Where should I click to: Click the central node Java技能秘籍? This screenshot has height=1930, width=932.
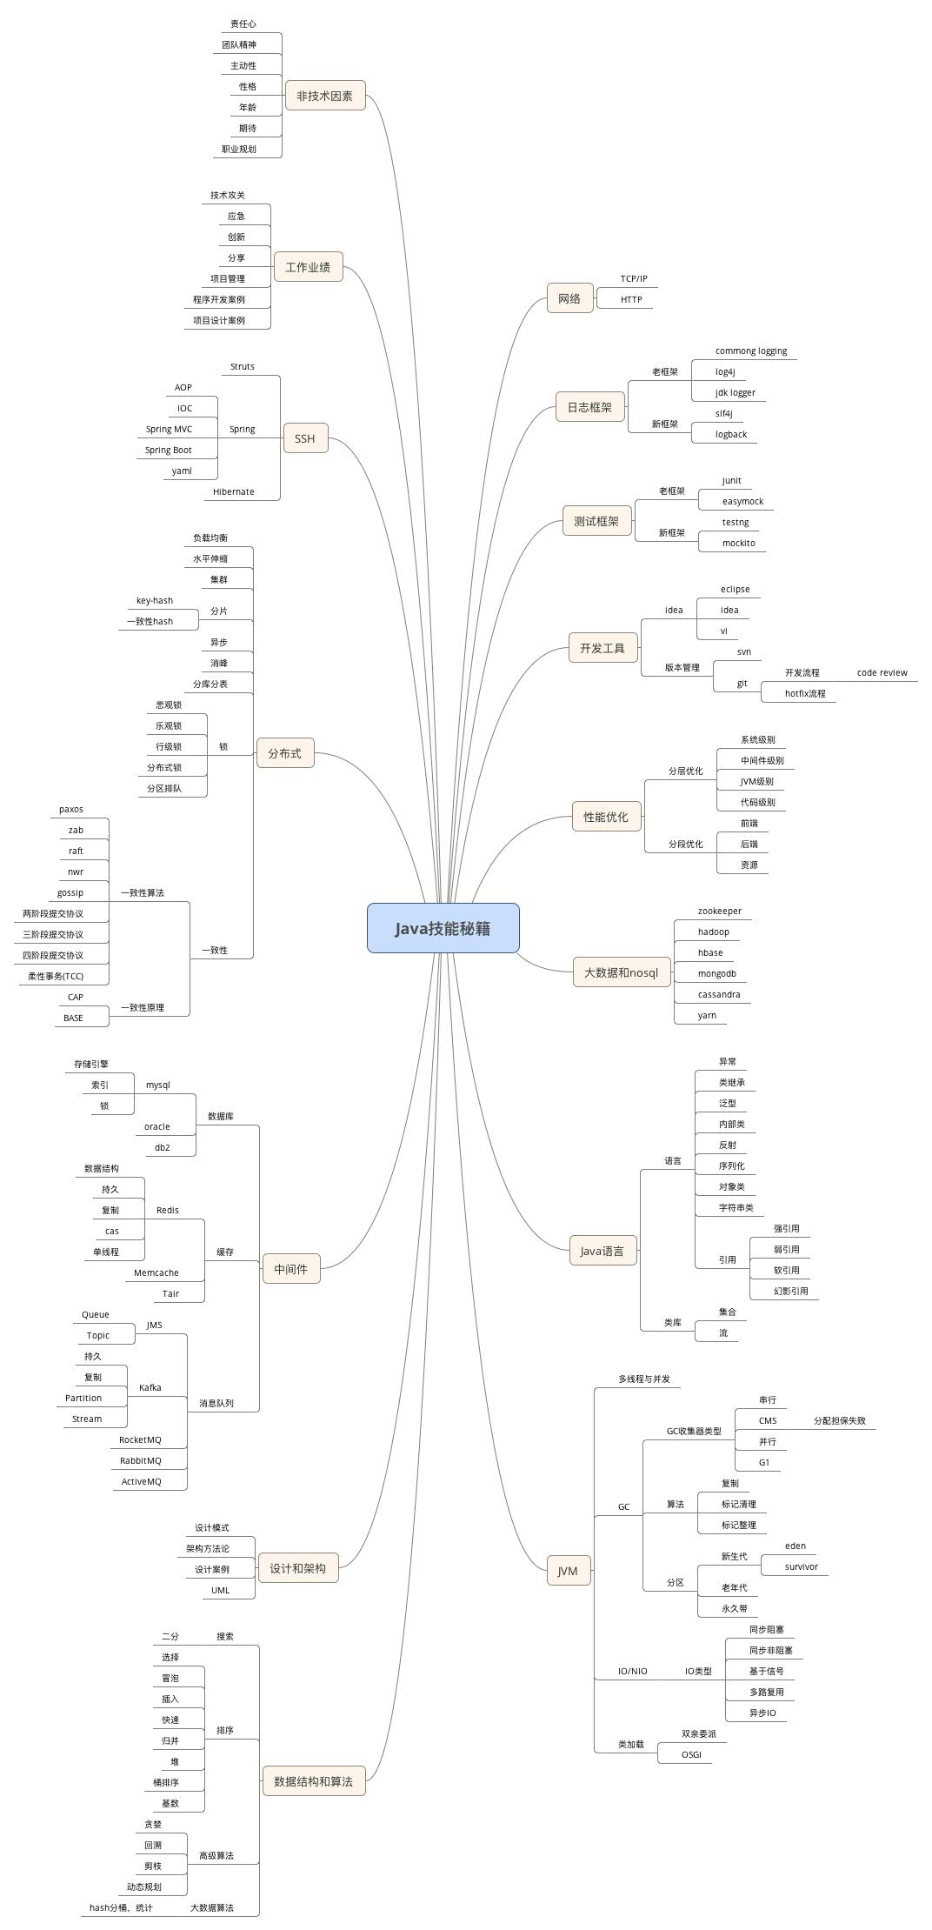pyautogui.click(x=443, y=928)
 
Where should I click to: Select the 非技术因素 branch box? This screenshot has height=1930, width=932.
pyautogui.click(x=325, y=96)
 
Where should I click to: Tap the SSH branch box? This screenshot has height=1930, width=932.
pyautogui.click(x=305, y=438)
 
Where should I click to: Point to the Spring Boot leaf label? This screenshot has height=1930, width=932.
pyautogui.click(x=169, y=450)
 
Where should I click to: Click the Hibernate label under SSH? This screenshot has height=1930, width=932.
pyautogui.click(x=234, y=491)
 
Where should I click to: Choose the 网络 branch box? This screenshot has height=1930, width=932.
pyautogui.click(x=569, y=298)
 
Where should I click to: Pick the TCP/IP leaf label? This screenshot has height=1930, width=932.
pyautogui.click(x=634, y=278)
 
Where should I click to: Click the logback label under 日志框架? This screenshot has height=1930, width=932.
pyautogui.click(x=731, y=434)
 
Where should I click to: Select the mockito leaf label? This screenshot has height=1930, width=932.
pyautogui.click(x=739, y=543)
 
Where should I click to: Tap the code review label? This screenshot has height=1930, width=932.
pyautogui.click(x=882, y=672)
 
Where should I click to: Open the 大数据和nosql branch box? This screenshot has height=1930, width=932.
pyautogui.click(x=621, y=972)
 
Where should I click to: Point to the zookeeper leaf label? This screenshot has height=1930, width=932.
pyautogui.click(x=720, y=911)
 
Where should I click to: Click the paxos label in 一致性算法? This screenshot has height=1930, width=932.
pyautogui.click(x=71, y=809)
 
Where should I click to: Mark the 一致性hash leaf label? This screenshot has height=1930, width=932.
pyautogui.click(x=150, y=621)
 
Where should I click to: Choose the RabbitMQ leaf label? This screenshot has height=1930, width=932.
pyautogui.click(x=141, y=1460)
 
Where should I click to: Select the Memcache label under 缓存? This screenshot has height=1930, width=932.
pyautogui.click(x=156, y=1272)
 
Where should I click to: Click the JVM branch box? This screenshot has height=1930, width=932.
pyautogui.click(x=568, y=1571)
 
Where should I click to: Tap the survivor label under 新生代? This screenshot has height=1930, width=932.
pyautogui.click(x=802, y=1566)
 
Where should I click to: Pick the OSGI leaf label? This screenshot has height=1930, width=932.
pyautogui.click(x=691, y=1754)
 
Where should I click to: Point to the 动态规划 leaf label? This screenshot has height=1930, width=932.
pyautogui.click(x=144, y=1887)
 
